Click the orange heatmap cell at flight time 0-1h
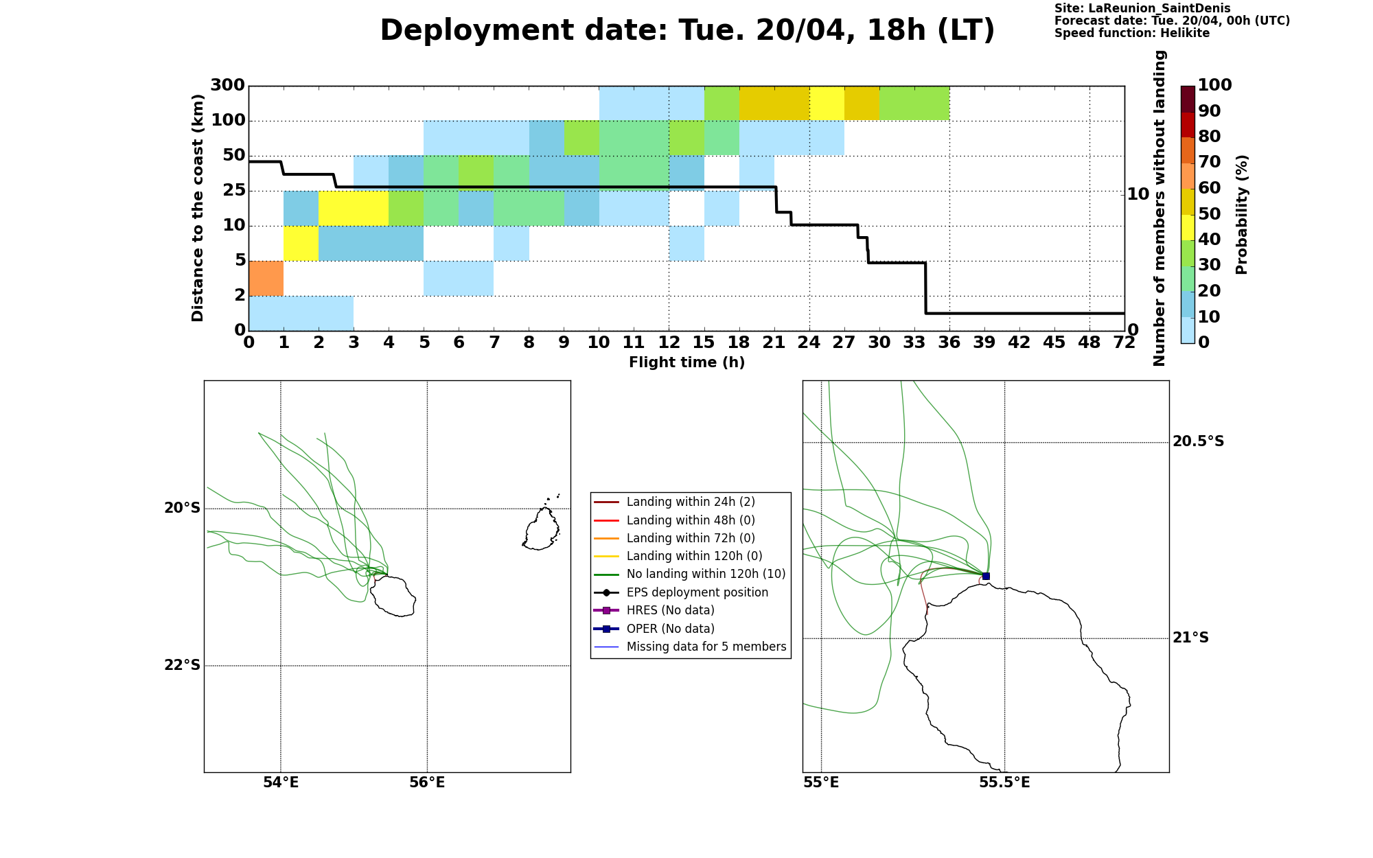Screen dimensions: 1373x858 [x=266, y=278]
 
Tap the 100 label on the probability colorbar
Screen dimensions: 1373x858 [x=1214, y=85]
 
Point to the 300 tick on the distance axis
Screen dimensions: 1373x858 [x=227, y=86]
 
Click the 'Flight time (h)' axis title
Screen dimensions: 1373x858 [x=686, y=362]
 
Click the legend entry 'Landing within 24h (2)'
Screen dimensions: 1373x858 [x=691, y=502]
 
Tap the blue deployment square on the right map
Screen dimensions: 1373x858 [x=986, y=576]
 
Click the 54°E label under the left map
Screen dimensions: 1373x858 [x=281, y=783]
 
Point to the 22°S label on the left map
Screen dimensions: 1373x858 [x=182, y=665]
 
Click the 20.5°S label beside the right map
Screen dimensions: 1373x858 [x=1198, y=441]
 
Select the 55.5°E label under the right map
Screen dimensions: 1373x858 [x=1004, y=783]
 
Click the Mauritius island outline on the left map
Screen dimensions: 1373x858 [x=542, y=529]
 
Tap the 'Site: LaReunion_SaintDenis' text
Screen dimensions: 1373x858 [x=1142, y=8]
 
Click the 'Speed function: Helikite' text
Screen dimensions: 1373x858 [x=1132, y=33]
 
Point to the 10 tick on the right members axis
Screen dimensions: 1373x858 [x=1138, y=194]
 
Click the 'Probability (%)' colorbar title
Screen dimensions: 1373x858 [x=1241, y=215]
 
